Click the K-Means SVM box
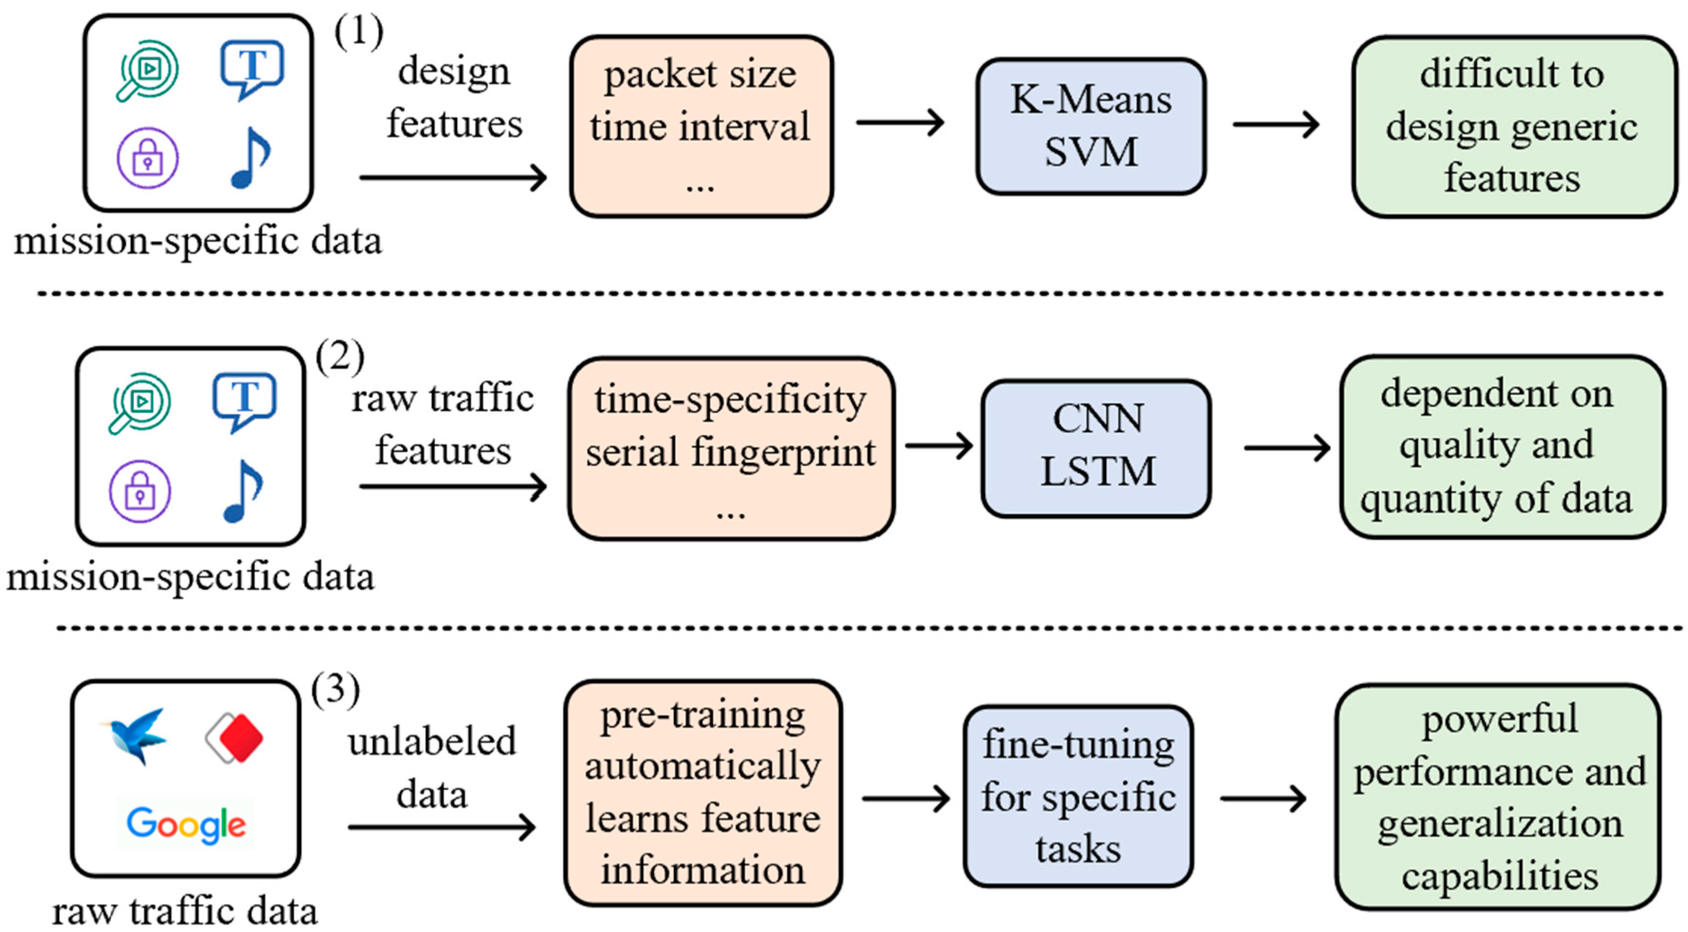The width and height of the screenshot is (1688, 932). (x=1090, y=126)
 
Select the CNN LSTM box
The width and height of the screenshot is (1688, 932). (x=1096, y=448)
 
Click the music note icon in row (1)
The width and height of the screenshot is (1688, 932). (x=250, y=158)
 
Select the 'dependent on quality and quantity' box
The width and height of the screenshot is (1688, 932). (x=1501, y=446)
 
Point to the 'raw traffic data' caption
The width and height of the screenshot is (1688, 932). (x=185, y=911)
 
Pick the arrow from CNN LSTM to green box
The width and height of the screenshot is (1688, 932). (x=1286, y=448)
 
